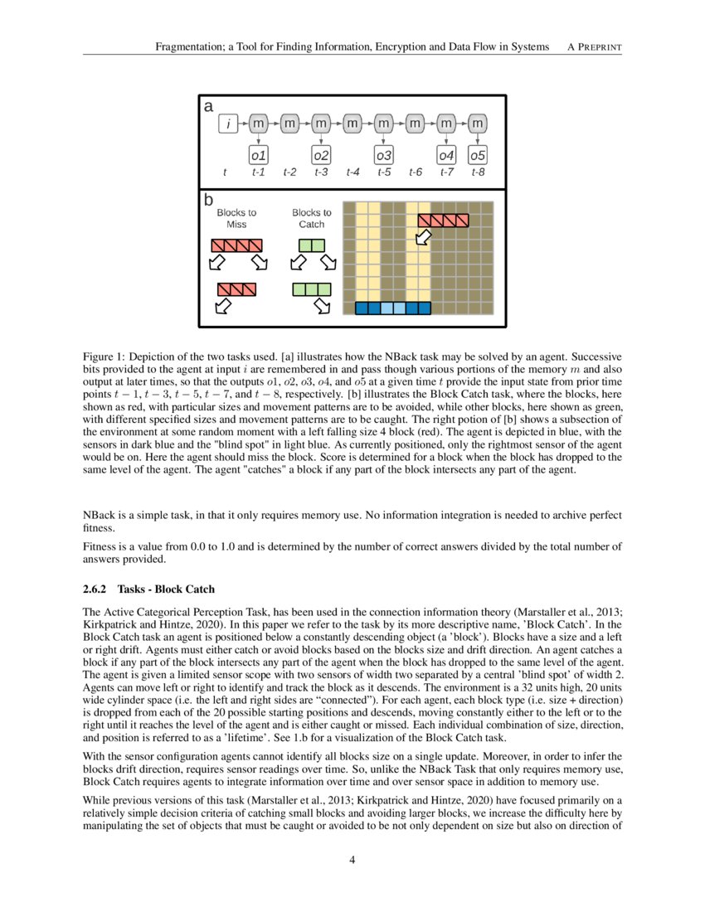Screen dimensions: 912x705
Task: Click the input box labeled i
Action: tap(227, 124)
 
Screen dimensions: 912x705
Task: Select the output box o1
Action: tap(259, 155)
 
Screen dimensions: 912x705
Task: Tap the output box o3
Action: tap(384, 155)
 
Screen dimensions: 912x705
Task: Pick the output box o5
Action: tap(478, 155)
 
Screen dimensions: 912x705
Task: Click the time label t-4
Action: tap(352, 173)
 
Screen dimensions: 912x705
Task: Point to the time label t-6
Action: tap(416, 173)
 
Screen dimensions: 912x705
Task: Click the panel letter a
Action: tap(208, 107)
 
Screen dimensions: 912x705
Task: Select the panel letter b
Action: tap(209, 201)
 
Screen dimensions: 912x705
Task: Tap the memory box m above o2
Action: tap(321, 124)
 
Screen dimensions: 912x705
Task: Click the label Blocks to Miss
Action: tap(236, 219)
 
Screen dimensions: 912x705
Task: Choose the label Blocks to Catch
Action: tap(312, 219)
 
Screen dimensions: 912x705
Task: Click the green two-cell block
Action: tap(312, 245)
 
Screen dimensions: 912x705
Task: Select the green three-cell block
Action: tap(312, 289)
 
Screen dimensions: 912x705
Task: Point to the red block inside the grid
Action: tap(443, 220)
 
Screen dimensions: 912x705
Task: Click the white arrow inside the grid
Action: tap(424, 238)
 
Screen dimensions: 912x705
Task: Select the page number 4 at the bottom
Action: tap(352, 860)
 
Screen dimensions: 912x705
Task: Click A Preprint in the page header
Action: tap(594, 47)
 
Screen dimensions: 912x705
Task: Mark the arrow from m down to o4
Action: tap(446, 139)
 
